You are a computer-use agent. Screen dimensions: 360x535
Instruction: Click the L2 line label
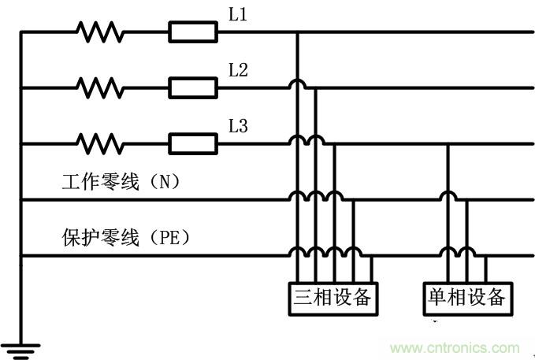pos(238,70)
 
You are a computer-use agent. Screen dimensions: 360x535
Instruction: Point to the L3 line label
pos(238,125)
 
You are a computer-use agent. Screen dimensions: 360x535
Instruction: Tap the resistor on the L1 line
pos(100,32)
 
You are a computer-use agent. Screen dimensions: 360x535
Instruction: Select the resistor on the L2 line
pos(100,87)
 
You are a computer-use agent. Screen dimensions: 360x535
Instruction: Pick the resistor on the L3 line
pos(100,143)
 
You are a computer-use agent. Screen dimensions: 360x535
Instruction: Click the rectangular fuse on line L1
pos(193,32)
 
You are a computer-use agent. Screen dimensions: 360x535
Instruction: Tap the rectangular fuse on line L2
pos(193,87)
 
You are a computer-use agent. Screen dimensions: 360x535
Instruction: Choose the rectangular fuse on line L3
pos(193,143)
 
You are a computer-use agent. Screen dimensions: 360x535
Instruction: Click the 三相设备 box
pos(332,298)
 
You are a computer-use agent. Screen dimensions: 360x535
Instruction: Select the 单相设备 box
pos(466,298)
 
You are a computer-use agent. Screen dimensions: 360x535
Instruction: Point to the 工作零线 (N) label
pos(121,182)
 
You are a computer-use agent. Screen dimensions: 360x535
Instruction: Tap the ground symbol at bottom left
pos(20,347)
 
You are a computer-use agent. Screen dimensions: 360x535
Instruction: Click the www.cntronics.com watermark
pos(455,348)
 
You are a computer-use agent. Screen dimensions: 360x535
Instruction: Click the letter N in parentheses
pos(164,183)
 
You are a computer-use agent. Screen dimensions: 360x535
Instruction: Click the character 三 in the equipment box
pos(303,298)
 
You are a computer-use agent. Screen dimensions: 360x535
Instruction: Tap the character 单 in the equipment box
pos(437,298)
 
